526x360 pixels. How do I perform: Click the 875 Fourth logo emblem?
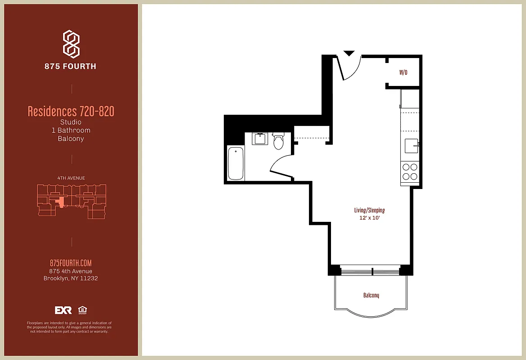[x=71, y=44]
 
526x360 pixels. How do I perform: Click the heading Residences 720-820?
[x=71, y=111]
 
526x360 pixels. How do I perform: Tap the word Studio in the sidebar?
[x=71, y=122]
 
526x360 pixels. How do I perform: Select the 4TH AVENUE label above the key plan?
[x=71, y=178]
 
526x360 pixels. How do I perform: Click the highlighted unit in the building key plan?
[x=59, y=202]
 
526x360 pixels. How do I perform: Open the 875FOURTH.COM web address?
[x=71, y=263]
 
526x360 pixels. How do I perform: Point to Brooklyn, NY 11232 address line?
[x=71, y=278]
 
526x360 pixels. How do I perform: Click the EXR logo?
[x=63, y=310]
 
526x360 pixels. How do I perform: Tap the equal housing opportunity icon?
[x=82, y=310]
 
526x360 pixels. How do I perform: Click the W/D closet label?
[x=403, y=72]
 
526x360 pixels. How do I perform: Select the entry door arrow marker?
[x=349, y=53]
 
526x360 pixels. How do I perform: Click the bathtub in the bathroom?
[x=236, y=163]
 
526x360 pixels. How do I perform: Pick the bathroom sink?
[x=259, y=139]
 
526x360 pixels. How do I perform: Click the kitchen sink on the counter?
[x=411, y=146]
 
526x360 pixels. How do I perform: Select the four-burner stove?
[x=410, y=171]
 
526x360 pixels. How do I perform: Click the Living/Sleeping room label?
[x=369, y=210]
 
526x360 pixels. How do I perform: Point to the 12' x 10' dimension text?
[x=369, y=218]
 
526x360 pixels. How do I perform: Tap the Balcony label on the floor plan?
[x=371, y=295]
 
